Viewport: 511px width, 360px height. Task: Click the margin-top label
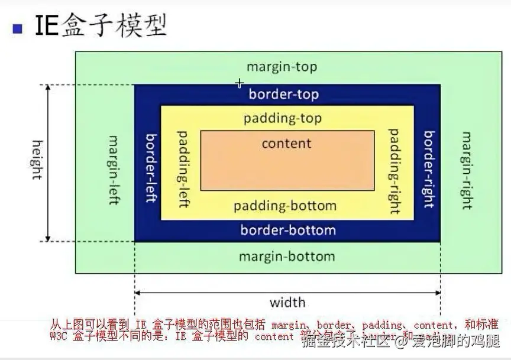pyautogui.click(x=282, y=67)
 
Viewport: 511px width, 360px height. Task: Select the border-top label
pyautogui.click(x=284, y=95)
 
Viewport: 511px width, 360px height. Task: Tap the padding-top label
pyautogui.click(x=283, y=119)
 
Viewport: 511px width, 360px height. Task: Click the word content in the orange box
pyautogui.click(x=286, y=144)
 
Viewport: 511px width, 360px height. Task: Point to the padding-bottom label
pyautogui.click(x=285, y=206)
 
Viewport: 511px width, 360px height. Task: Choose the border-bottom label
pyautogui.click(x=288, y=230)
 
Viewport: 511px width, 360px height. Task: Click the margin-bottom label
pyautogui.click(x=287, y=257)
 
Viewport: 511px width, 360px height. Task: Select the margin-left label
pyautogui.click(x=114, y=170)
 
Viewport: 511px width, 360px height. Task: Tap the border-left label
pyautogui.click(x=151, y=167)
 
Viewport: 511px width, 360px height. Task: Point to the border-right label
pyautogui.click(x=429, y=170)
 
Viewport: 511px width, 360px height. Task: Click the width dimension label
pyautogui.click(x=287, y=303)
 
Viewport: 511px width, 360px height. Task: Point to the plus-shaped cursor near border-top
pyautogui.click(x=239, y=83)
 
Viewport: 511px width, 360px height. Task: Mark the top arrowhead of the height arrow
pyautogui.click(x=49, y=88)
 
